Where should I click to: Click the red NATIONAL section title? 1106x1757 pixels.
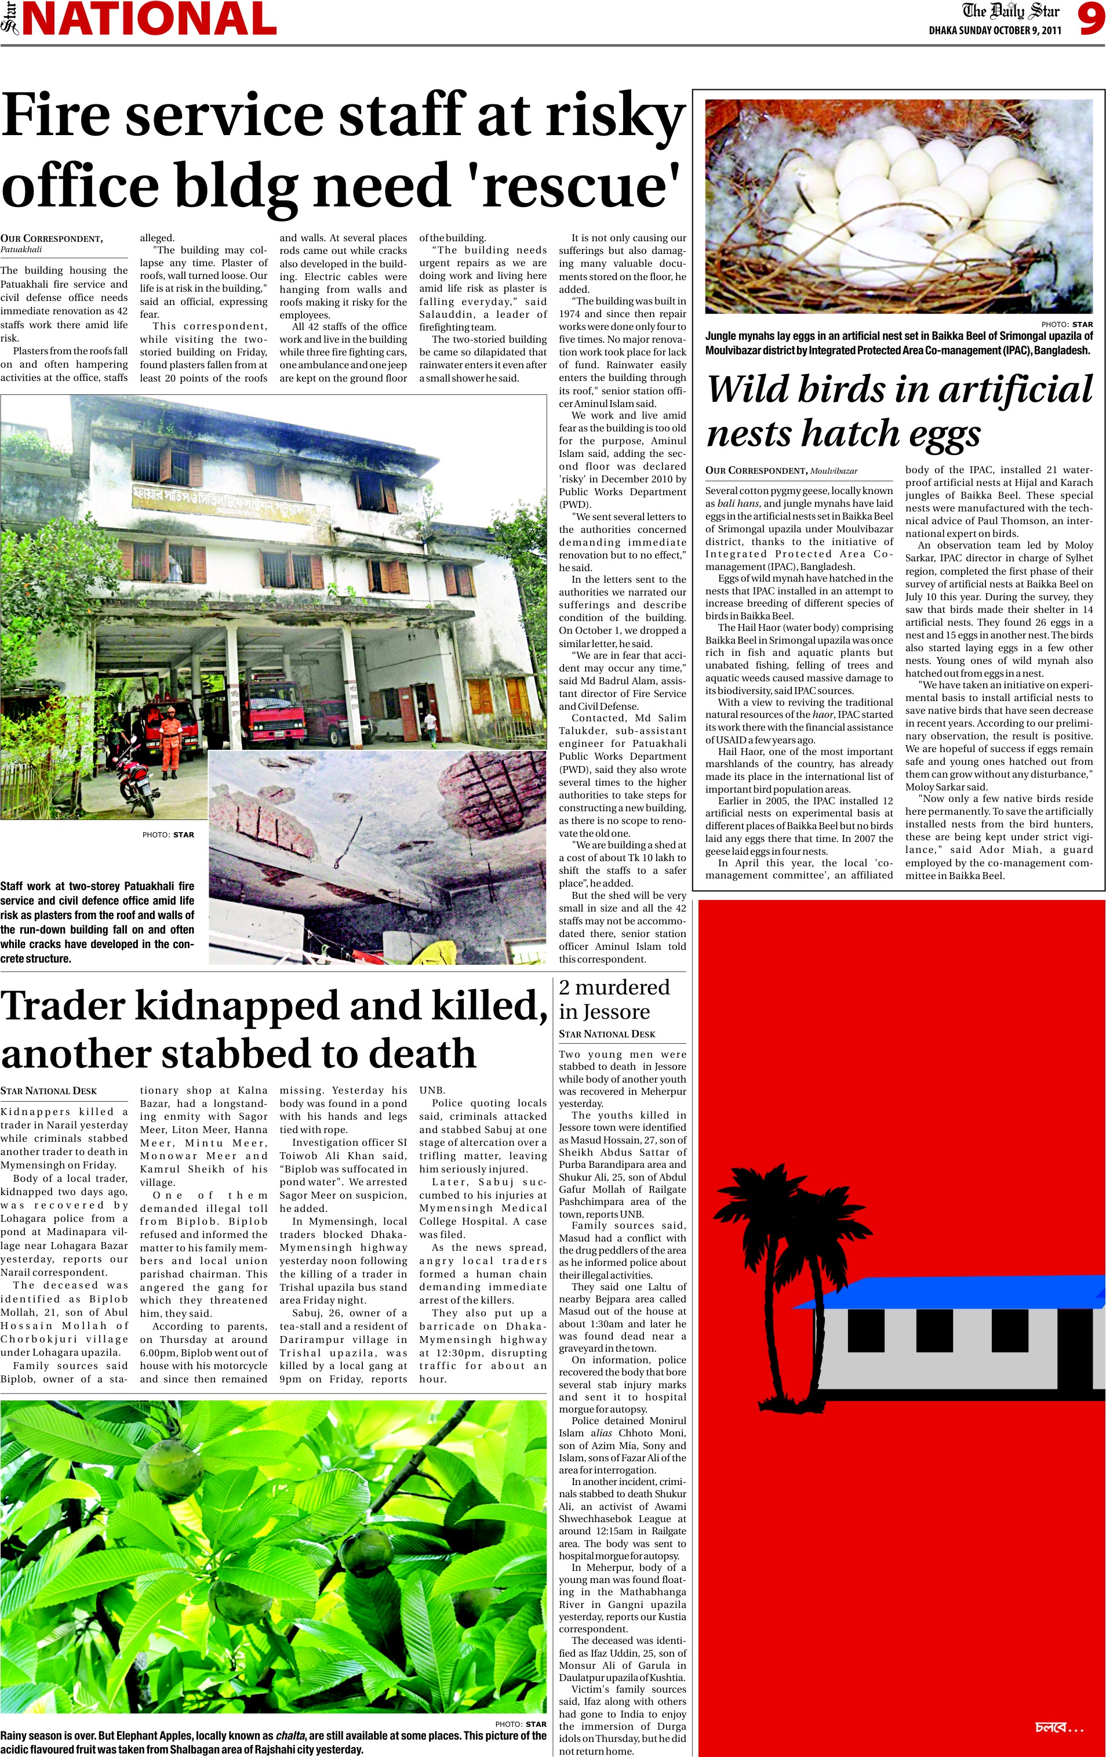point(150,19)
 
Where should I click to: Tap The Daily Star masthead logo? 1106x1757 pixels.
point(1011,12)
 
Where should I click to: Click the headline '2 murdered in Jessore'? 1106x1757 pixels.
point(614,999)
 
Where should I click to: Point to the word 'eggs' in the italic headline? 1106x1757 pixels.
point(942,433)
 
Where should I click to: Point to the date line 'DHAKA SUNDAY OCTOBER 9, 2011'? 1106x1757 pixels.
point(994,31)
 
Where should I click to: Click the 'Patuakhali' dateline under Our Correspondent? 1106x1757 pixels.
point(21,249)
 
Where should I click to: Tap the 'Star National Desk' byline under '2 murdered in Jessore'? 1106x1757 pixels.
point(607,1034)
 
